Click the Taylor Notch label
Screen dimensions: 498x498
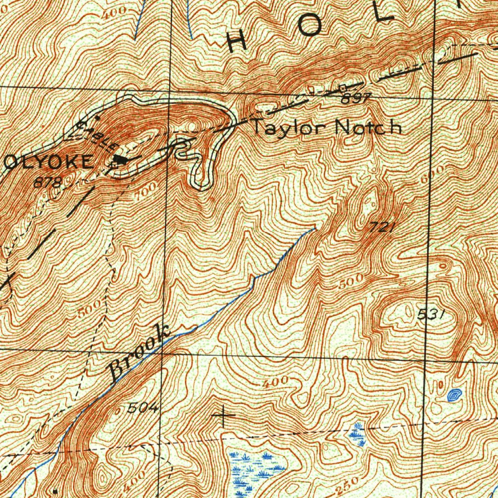326,127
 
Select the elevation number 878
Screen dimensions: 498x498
48,183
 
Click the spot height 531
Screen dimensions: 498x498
431,315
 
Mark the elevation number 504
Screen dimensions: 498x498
142,409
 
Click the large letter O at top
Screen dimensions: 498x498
310,28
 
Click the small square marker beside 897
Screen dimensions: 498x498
342,88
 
